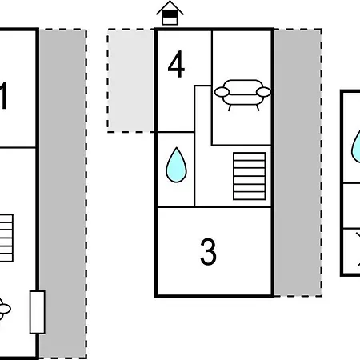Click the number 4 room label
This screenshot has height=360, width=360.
[176, 64]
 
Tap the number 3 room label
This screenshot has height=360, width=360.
[208, 252]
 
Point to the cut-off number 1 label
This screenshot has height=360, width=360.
[3, 95]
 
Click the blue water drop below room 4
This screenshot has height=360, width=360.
[176, 165]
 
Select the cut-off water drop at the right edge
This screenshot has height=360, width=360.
[356, 146]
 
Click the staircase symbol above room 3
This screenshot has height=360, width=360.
[250, 176]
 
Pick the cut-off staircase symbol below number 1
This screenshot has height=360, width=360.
[6, 238]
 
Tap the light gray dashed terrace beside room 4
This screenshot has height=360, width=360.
[130, 80]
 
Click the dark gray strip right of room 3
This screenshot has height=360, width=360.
[298, 162]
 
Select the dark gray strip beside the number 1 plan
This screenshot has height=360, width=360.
[62, 194]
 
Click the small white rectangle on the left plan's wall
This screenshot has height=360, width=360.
[38, 312]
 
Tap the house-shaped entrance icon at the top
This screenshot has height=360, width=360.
[170, 13]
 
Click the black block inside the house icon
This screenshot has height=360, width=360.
[170, 14]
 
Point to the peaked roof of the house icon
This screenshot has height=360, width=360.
[170, 7]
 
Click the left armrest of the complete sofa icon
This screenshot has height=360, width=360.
[222, 92]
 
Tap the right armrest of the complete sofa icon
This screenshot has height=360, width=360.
[263, 92]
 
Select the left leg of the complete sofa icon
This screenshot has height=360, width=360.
[230, 108]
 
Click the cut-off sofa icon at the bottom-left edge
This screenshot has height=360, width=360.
[5, 310]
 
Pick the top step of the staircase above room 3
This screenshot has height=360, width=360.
[250, 157]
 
